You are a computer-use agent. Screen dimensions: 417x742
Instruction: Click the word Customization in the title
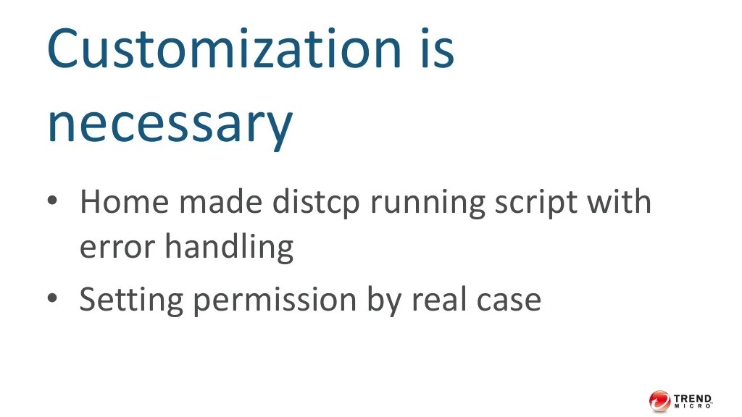click(223, 48)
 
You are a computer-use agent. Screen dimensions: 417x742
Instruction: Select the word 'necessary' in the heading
click(170, 124)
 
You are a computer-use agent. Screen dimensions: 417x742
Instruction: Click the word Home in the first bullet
click(124, 202)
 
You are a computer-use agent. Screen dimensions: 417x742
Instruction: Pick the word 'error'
click(117, 248)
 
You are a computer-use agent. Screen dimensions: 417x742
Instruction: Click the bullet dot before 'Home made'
click(51, 199)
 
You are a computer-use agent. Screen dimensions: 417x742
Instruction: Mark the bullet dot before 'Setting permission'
click(51, 297)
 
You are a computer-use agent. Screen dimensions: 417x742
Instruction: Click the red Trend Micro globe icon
click(659, 400)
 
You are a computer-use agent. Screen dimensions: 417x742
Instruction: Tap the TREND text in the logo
click(693, 397)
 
